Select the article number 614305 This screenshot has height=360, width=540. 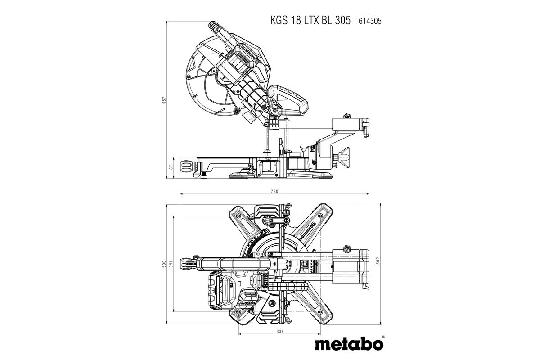click(370, 21)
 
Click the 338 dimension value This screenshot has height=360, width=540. click(280, 331)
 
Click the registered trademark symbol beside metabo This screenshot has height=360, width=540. click(382, 337)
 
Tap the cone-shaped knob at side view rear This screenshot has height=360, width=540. click(345, 157)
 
